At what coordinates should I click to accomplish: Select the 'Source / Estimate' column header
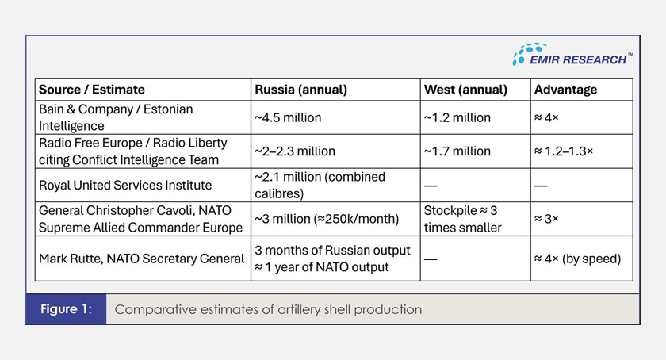(x=92, y=90)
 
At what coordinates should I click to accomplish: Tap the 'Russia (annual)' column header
(x=300, y=90)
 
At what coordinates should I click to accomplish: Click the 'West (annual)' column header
(x=465, y=90)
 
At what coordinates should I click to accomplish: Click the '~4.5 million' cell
(x=288, y=117)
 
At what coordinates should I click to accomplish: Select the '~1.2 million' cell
(x=457, y=117)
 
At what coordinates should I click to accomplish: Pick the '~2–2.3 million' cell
(x=295, y=151)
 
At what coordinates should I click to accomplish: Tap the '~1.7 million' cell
(x=457, y=151)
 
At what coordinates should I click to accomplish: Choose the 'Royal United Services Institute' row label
(x=125, y=186)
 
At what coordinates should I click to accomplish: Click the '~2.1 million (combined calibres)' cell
(x=319, y=186)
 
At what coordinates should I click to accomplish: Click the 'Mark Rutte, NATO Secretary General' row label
(x=141, y=259)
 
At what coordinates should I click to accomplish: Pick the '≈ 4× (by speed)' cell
(x=577, y=259)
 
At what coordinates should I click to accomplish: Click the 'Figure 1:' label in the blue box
(x=65, y=309)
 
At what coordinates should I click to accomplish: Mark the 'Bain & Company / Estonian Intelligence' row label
(x=116, y=117)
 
